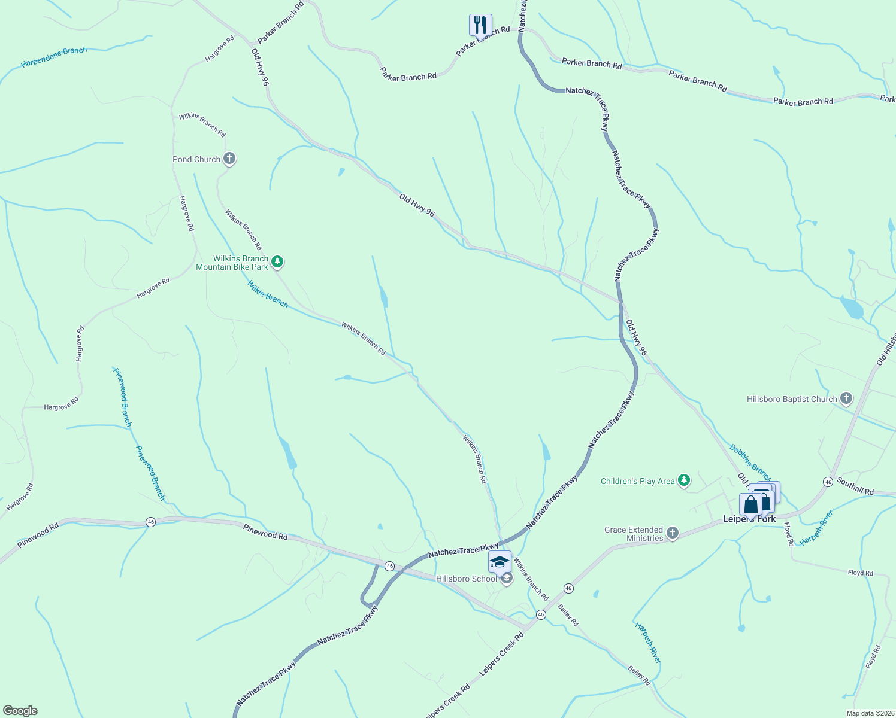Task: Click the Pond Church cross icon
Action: [229, 159]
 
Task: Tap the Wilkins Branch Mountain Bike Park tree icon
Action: [277, 261]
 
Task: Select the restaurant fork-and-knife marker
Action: [480, 25]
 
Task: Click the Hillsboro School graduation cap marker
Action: [500, 562]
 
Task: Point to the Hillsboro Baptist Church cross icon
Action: [846, 398]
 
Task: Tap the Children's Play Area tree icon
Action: [683, 480]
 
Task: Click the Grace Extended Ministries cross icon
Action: [672, 533]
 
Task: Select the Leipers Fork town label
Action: [749, 519]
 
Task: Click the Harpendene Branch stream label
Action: [54, 57]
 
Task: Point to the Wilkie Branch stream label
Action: [268, 295]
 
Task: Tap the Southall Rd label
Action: [855, 486]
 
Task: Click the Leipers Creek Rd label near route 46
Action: [501, 655]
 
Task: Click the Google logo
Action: [20, 711]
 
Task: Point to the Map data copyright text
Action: [870, 713]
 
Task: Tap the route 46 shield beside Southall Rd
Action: [828, 482]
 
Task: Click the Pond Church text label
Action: [196, 159]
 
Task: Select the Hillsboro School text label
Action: [467, 579]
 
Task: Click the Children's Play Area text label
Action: [637, 481]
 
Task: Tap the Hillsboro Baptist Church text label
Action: [792, 399]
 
